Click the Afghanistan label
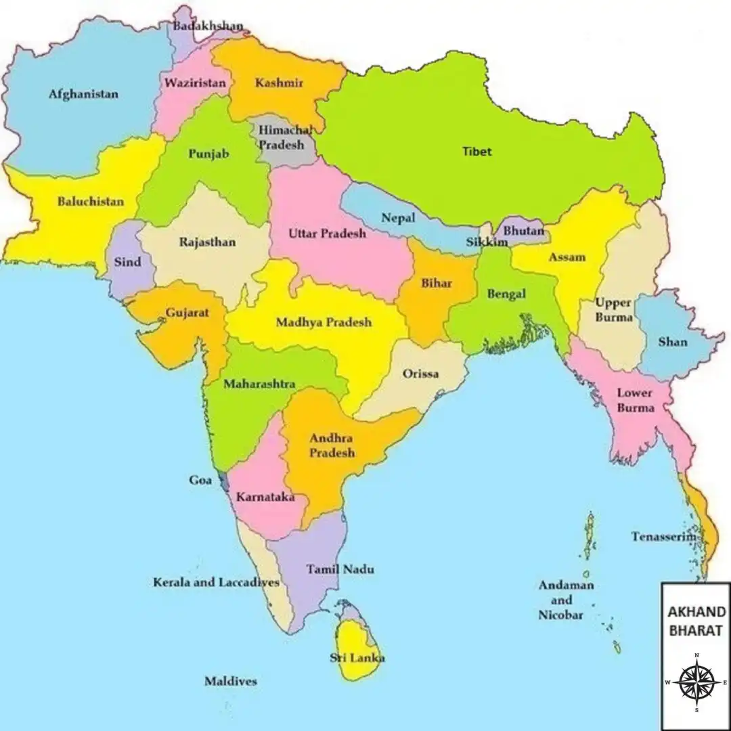(83, 94)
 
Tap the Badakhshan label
(208, 26)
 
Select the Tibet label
(477, 152)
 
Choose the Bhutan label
(524, 231)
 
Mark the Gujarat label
(187, 313)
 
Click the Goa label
(200, 481)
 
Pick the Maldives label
(231, 681)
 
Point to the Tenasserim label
(664, 537)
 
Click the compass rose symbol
(696, 682)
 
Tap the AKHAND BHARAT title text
(696, 621)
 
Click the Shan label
(673, 342)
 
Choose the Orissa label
(420, 374)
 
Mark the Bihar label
(437, 283)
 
